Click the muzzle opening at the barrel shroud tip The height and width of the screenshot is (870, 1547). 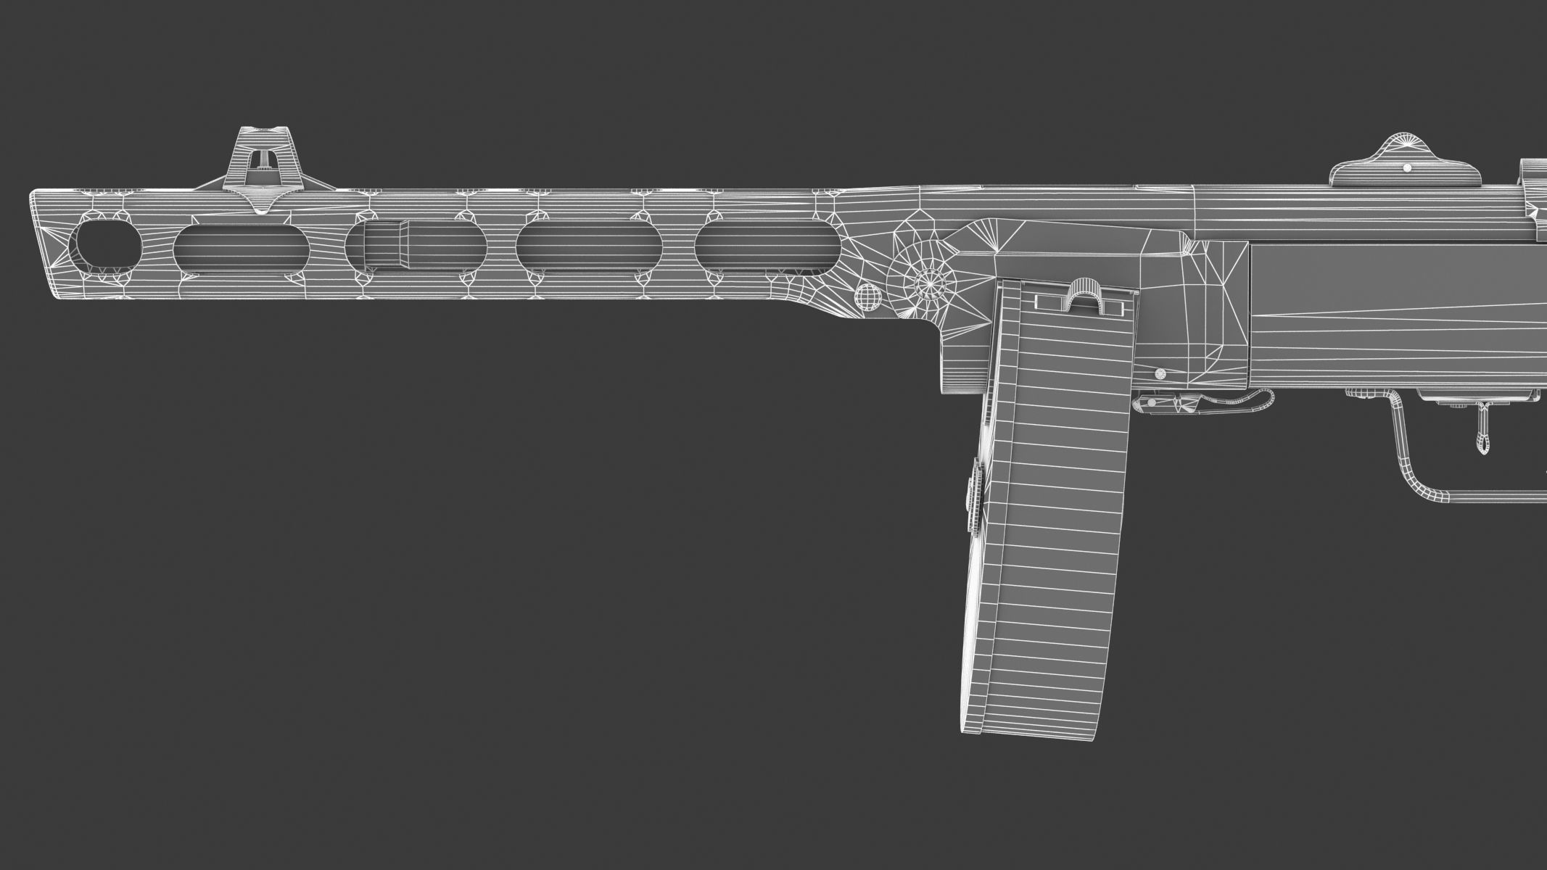tap(108, 244)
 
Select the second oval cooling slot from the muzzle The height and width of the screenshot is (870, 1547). tap(240, 248)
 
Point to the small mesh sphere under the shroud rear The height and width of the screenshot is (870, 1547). tap(869, 297)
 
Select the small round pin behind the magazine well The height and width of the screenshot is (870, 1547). tap(1160, 375)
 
